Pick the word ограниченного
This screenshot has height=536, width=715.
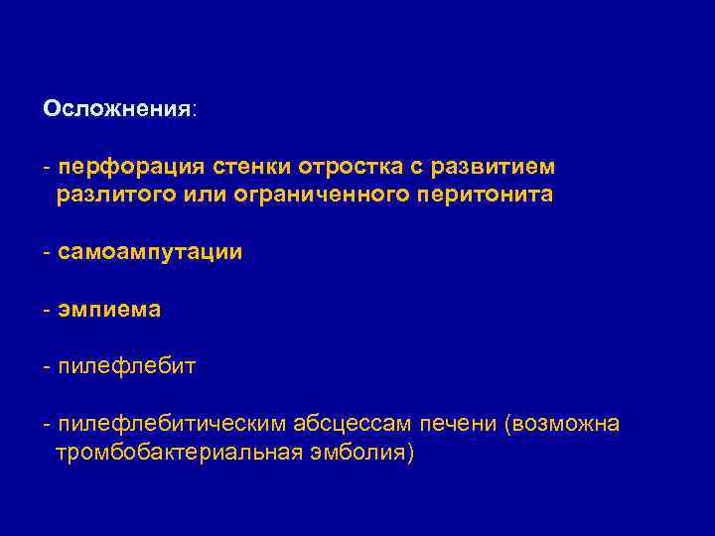(x=319, y=195)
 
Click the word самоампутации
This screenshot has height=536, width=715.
(x=150, y=252)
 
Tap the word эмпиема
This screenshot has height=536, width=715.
(x=109, y=310)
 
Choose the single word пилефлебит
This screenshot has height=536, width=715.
(x=127, y=367)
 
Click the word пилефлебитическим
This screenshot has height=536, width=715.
(x=172, y=425)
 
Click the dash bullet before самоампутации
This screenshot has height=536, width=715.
(x=48, y=252)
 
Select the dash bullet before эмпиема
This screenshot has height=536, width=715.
(x=48, y=310)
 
